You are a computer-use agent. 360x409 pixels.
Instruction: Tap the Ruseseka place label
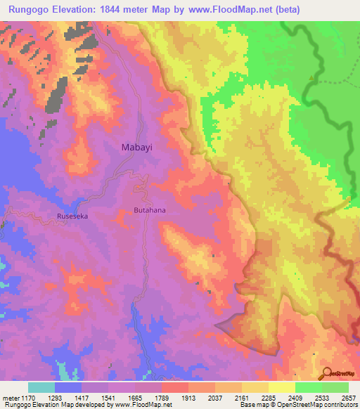72,216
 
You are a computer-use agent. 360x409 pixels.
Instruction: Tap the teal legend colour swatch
41,387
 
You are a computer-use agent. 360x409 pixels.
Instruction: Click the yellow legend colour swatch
282,387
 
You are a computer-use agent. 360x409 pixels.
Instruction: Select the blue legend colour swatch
68,387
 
